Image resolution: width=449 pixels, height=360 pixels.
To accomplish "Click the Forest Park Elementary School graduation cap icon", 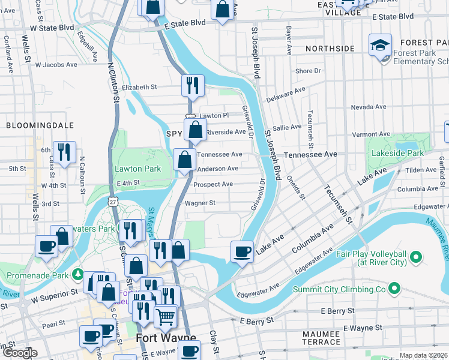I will [380, 45].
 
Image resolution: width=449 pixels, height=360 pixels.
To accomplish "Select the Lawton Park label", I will [138, 169].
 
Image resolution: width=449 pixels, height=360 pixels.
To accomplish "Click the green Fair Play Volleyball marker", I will [415, 259].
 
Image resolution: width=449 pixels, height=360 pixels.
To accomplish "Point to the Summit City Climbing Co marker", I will [394, 289].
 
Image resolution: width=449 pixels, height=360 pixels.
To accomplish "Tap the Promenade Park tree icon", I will [77, 275].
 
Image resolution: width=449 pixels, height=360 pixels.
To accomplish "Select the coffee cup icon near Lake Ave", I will [243, 251].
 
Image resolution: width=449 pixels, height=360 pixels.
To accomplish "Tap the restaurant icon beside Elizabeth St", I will [193, 85].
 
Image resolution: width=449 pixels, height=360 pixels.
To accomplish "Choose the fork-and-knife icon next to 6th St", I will [64, 152].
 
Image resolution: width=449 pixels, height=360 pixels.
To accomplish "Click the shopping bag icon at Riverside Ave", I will [195, 130].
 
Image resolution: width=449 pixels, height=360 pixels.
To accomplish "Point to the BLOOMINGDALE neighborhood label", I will [40, 125].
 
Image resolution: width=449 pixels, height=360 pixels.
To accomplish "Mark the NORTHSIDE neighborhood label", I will [330, 48].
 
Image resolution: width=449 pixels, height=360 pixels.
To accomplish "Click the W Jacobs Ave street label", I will [56, 64].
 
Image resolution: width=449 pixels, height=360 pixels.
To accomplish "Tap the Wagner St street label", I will [200, 203].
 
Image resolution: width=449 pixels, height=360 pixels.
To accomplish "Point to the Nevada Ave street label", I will [369, 106].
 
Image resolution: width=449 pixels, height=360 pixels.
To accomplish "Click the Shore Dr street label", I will [309, 71].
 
